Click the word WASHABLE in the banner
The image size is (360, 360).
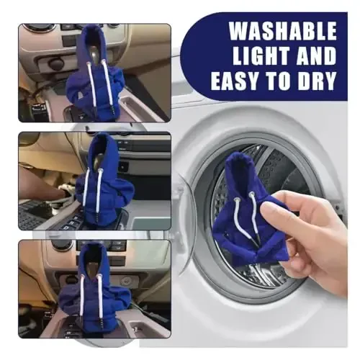[283, 31]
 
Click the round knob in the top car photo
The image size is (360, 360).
[55, 63]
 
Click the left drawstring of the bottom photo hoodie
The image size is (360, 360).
[82, 295]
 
